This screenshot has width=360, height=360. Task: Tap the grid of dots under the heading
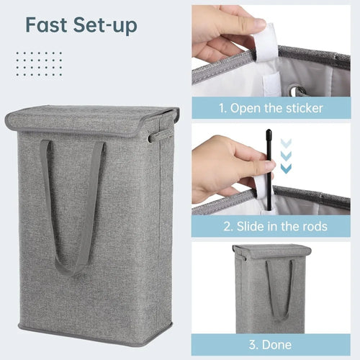click(x=39, y=63)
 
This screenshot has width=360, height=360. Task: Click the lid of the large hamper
click(x=91, y=121)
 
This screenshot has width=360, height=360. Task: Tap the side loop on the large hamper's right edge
click(x=153, y=137)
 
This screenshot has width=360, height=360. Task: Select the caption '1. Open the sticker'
click(x=272, y=109)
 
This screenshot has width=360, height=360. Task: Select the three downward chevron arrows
click(x=287, y=156)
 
